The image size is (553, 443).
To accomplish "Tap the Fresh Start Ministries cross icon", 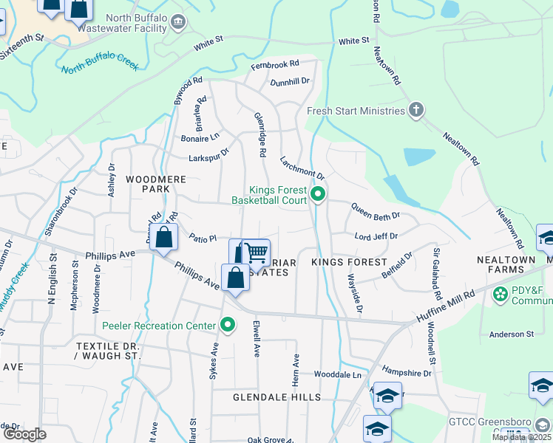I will pyautogui.click(x=416, y=111).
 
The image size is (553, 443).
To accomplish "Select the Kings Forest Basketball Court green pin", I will pyautogui.click(x=318, y=195).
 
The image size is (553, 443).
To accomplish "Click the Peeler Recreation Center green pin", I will pyautogui.click(x=228, y=326).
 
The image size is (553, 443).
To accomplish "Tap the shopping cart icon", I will pyautogui.click(x=256, y=253).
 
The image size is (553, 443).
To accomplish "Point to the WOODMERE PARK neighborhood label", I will pyautogui.click(x=147, y=184).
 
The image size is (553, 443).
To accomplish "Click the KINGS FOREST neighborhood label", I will pyautogui.click(x=349, y=262).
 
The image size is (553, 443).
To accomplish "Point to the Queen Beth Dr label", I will pyautogui.click(x=375, y=211).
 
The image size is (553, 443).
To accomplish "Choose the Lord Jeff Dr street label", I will pyautogui.click(x=376, y=236).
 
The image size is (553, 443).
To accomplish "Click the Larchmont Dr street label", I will pyautogui.click(x=302, y=168).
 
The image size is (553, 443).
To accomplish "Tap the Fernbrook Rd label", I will pyautogui.click(x=274, y=64).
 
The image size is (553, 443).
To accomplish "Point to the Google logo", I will pyautogui.click(x=24, y=434).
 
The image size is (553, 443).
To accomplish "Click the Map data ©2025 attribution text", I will pyautogui.click(x=521, y=437).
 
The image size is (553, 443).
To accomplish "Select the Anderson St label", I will pyautogui.click(x=511, y=334).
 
